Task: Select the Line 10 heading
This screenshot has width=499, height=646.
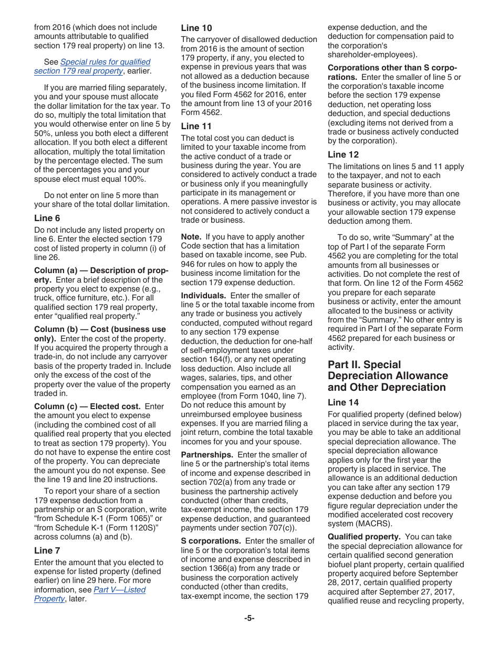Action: tap(196, 28)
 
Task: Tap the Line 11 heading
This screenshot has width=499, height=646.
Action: tap(196, 126)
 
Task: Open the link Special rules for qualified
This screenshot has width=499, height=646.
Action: tap(105, 62)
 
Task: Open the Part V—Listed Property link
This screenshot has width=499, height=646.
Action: tap(119, 589)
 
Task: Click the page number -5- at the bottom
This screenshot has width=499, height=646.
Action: tap(249, 618)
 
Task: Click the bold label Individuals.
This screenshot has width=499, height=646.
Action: tap(203, 296)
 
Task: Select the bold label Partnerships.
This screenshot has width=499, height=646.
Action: tap(207, 455)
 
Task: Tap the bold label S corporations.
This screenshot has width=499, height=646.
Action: tap(211, 541)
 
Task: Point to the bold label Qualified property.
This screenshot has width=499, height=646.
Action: tap(364, 537)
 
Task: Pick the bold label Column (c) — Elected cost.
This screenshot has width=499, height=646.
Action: tap(87, 407)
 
